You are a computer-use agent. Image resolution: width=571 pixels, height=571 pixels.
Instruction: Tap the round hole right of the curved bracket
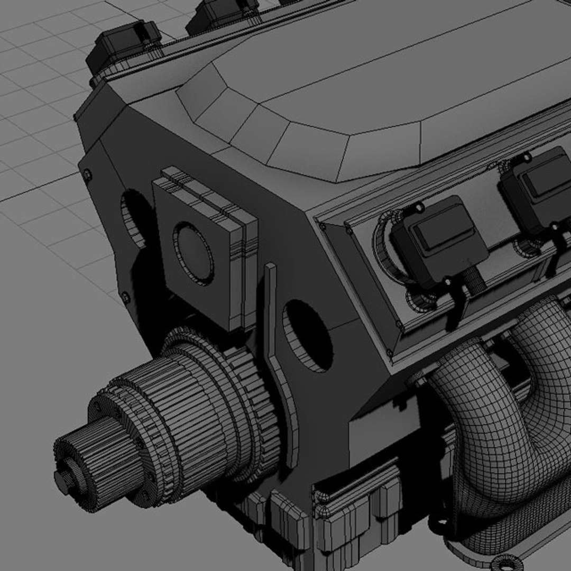point(308,336)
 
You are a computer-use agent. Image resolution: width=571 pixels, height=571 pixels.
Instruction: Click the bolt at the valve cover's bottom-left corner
point(389,352)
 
